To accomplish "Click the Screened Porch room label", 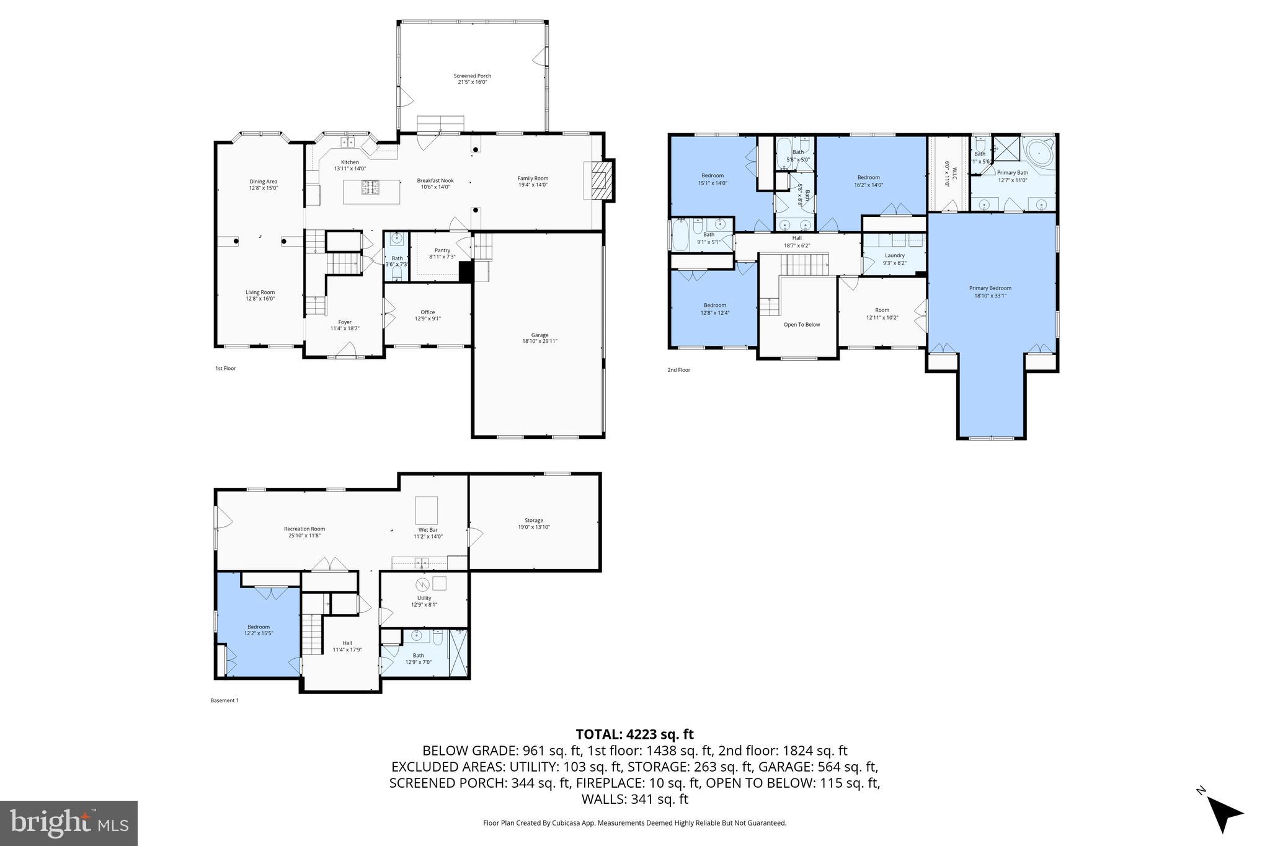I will click(x=472, y=79).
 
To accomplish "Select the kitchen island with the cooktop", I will click(x=371, y=191).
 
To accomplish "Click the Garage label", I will click(x=540, y=338).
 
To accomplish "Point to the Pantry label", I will click(x=442, y=253).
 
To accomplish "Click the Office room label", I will click(x=427, y=315).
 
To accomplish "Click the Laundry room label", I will click(x=894, y=258).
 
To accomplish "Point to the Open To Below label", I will click(x=801, y=324).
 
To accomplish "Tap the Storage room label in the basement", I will click(x=534, y=523).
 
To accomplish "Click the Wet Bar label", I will click(x=428, y=533).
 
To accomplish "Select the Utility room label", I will click(x=424, y=601).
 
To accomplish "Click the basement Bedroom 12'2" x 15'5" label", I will click(x=259, y=630).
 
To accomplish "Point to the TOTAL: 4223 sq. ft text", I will click(x=634, y=734).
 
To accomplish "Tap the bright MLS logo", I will click(x=69, y=823).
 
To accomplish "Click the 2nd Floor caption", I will click(x=678, y=370).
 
